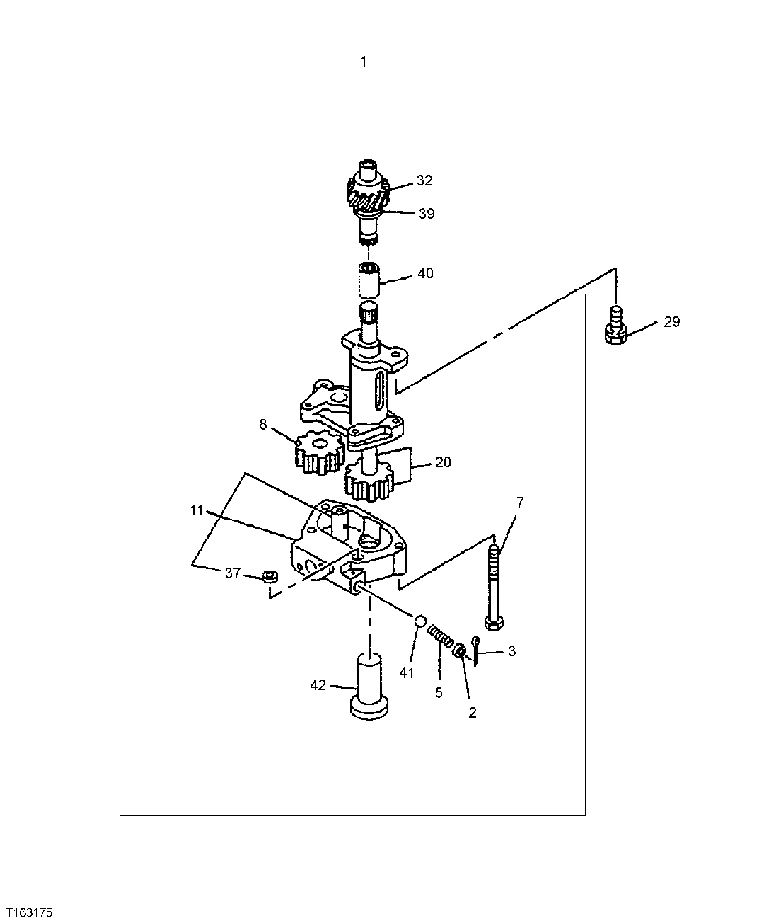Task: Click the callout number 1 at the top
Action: tap(364, 62)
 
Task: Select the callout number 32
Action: tap(424, 180)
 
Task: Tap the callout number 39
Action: tap(426, 214)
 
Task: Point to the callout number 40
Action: tap(425, 273)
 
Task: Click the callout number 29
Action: tap(671, 322)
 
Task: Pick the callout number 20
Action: tap(443, 462)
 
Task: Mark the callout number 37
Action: tap(233, 573)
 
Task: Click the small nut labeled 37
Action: tap(268, 576)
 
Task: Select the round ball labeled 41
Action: tap(419, 621)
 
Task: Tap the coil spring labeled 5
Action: tap(441, 636)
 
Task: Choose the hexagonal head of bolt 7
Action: tap(494, 622)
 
